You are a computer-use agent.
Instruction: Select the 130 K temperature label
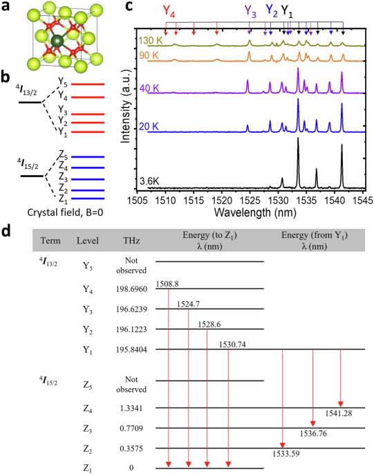click(151, 40)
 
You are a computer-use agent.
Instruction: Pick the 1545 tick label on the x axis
click(362, 200)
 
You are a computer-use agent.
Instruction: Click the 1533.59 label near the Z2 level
click(286, 453)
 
